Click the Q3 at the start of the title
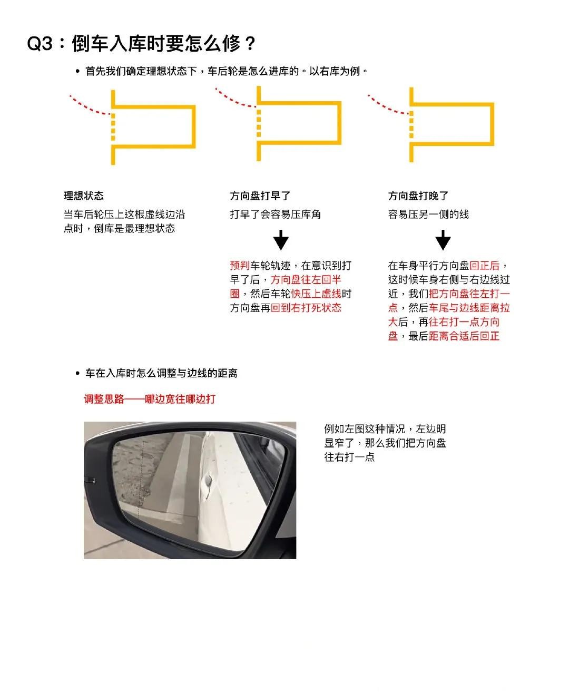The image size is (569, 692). tap(40, 43)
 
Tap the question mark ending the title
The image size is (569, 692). tap(250, 43)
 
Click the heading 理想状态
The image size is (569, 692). tap(84, 196)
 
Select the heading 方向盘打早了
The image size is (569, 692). tap(260, 196)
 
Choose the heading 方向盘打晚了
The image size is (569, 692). tap(418, 196)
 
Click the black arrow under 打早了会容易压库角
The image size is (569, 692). tap(281, 240)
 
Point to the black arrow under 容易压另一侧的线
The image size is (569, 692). tap(443, 240)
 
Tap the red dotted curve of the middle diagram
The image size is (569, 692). tap(234, 100)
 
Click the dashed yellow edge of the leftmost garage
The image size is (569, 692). tap(113, 127)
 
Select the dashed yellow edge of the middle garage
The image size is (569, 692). tap(259, 123)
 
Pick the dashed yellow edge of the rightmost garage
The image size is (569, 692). tap(411, 125)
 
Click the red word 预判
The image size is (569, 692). tap(240, 265)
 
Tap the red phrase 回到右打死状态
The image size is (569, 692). tap(306, 308)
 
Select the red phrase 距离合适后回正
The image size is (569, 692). tap(464, 336)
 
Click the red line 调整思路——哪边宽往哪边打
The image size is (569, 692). tap(150, 399)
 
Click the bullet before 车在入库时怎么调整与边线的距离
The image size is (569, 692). tap(77, 373)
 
